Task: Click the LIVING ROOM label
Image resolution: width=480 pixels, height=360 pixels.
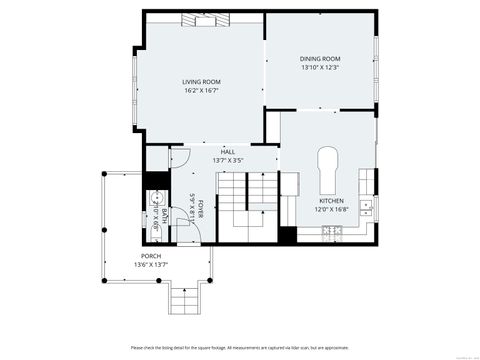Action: pos(201,81)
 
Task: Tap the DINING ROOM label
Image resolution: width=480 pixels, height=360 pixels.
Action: pos(320,59)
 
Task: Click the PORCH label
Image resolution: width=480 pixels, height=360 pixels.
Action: pos(150,256)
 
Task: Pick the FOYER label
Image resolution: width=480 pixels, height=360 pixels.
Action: pos(200,209)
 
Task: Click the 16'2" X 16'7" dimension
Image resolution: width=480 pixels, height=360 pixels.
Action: pos(201,91)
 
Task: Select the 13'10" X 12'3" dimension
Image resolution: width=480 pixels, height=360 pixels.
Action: pos(320,68)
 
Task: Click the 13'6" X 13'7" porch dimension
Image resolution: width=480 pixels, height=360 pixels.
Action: pos(150,265)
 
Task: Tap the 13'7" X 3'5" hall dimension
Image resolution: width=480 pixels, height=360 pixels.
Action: pos(228,160)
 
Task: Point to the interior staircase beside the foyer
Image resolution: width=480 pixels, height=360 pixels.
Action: pos(248,205)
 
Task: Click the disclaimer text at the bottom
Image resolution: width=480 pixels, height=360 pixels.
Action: pos(240,347)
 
